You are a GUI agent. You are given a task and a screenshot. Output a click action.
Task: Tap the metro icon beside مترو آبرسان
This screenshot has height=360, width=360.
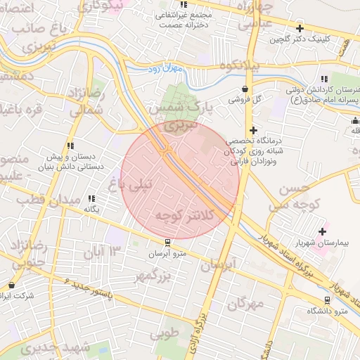pyautogui.click(x=167, y=243)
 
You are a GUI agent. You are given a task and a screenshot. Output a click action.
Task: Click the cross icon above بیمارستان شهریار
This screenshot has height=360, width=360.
pyautogui.click(x=323, y=231)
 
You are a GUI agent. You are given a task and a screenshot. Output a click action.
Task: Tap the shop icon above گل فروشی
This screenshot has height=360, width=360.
pyautogui.click(x=245, y=89)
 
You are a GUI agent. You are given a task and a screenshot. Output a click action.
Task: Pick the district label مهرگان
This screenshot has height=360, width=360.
pyautogui.click(x=246, y=304)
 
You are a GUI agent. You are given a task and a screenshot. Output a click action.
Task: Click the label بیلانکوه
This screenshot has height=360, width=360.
pyautogui.click(x=240, y=65)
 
